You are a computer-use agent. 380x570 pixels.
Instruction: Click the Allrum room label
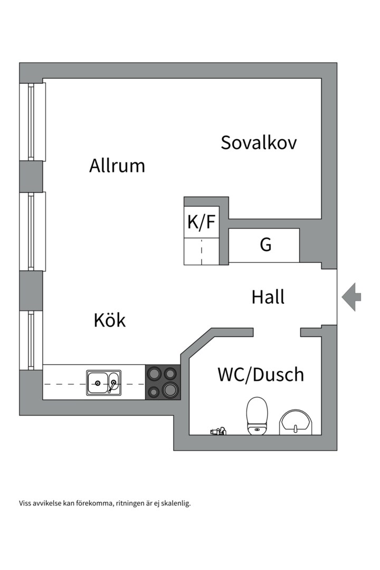(x=117, y=166)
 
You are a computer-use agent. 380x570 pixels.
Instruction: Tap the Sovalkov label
(x=259, y=142)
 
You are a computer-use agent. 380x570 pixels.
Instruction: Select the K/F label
(x=202, y=223)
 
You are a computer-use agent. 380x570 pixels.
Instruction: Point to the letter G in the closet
(x=265, y=245)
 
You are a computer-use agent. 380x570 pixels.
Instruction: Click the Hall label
(x=268, y=297)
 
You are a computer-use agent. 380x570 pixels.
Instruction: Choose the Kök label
(x=110, y=320)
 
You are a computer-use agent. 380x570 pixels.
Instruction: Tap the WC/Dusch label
(x=261, y=375)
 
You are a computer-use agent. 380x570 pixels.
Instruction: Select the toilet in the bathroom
(x=258, y=416)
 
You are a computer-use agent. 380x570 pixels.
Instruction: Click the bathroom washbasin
(x=296, y=422)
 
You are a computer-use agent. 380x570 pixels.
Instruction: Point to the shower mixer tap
(x=218, y=431)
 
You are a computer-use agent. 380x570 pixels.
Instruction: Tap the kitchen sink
(x=103, y=383)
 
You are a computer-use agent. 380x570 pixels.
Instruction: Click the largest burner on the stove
(x=170, y=390)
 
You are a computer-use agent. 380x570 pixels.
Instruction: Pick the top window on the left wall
(x=32, y=121)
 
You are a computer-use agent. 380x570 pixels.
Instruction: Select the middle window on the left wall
(x=32, y=231)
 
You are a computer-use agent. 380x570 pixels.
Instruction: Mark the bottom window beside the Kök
(x=32, y=340)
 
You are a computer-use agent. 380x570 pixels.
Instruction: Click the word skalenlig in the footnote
(x=175, y=503)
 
